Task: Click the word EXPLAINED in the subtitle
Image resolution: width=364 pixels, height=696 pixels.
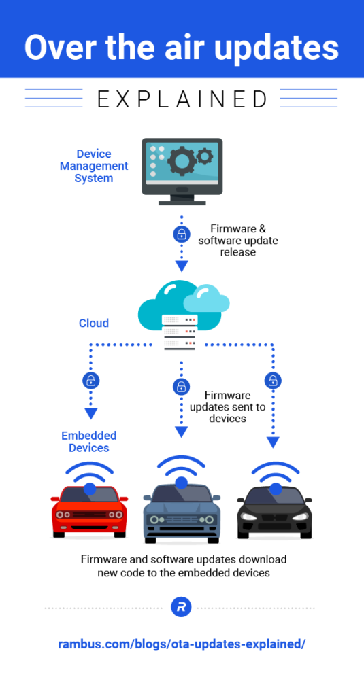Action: tap(182, 99)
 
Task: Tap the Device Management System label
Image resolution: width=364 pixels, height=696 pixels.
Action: tap(94, 166)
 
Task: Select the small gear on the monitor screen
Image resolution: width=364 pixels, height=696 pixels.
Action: tap(205, 158)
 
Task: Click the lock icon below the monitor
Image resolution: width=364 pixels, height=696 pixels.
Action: tap(181, 234)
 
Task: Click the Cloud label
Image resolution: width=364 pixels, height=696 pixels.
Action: tap(94, 323)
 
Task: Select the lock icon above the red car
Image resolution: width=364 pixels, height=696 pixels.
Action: tap(90, 380)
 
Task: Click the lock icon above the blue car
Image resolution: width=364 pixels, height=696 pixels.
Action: tap(181, 387)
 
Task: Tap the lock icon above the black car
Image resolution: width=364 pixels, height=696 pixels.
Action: tap(273, 380)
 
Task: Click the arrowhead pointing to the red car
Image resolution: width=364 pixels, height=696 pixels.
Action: tap(90, 413)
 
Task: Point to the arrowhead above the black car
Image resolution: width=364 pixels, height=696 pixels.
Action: tap(273, 442)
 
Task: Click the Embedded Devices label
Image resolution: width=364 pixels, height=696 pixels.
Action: tap(89, 442)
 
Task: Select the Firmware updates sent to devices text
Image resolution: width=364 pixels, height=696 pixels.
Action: tap(227, 406)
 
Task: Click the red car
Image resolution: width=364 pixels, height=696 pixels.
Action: tap(89, 506)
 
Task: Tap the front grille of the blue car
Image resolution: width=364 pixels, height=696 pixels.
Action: tap(181, 520)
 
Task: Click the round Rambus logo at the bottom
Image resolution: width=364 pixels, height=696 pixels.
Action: tap(181, 608)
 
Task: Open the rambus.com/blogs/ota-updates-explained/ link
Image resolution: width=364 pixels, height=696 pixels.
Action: tap(181, 643)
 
